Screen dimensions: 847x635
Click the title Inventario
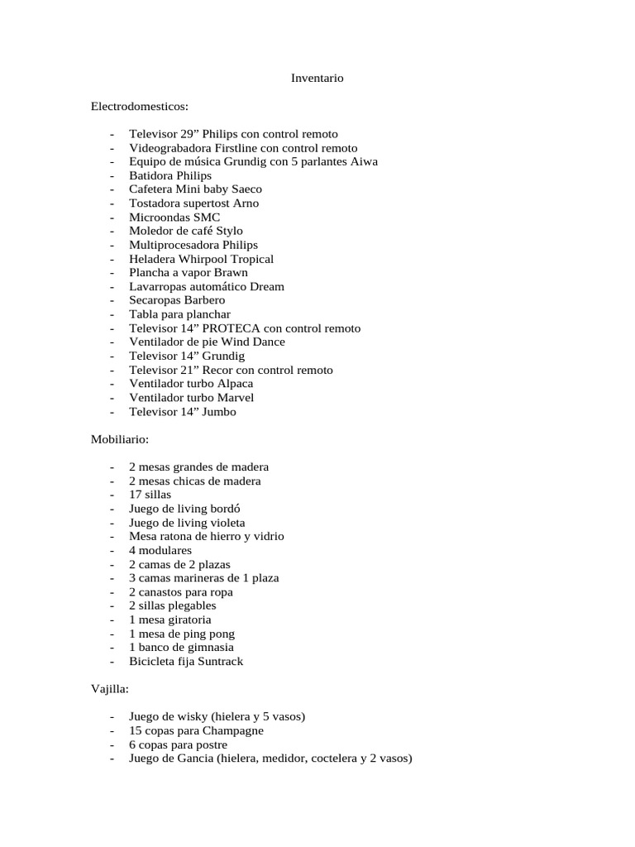(317, 79)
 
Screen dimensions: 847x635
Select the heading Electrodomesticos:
(140, 107)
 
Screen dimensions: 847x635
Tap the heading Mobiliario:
(119, 440)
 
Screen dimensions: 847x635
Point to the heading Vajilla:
(110, 689)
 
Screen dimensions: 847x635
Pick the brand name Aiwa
(364, 161)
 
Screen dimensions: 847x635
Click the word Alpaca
(236, 384)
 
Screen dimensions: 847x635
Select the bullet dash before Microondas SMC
(111, 218)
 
